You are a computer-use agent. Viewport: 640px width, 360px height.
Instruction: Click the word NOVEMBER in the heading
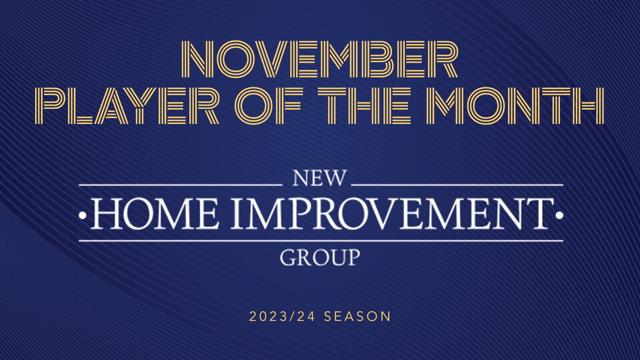tap(319, 59)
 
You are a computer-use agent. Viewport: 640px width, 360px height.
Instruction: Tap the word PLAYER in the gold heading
tap(127, 106)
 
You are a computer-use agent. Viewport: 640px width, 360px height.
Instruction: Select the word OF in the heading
tap(269, 106)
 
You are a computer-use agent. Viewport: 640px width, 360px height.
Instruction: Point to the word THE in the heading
tap(365, 106)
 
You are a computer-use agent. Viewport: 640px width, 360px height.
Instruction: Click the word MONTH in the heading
tap(515, 106)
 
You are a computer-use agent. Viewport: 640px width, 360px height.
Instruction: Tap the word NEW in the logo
tap(319, 179)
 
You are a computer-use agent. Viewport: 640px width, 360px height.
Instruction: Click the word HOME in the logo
tap(155, 214)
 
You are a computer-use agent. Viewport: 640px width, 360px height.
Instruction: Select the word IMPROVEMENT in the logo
tap(392, 214)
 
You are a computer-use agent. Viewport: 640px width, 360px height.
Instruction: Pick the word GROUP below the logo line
tap(320, 257)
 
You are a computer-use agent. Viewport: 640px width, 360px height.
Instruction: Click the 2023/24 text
tap(282, 317)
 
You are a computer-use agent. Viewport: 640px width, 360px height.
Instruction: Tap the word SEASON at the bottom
tap(357, 317)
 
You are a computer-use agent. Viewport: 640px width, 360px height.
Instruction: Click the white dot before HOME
tap(83, 215)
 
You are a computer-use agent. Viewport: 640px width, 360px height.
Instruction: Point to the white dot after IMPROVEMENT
tap(559, 215)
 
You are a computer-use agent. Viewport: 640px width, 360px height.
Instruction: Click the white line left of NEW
tap(181, 185)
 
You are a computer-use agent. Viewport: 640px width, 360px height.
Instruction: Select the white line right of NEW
tap(457, 185)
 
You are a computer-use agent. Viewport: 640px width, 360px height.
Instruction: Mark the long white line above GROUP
tap(321, 241)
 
